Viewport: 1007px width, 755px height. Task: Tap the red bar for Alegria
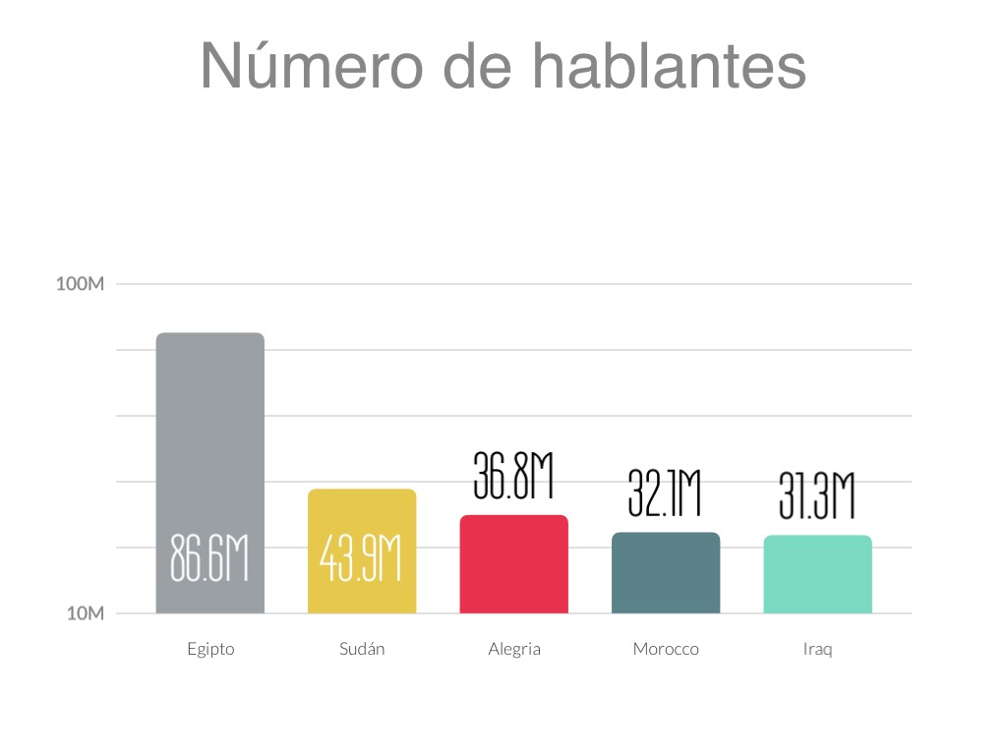click(x=513, y=564)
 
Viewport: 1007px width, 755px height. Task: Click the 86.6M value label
click(x=209, y=558)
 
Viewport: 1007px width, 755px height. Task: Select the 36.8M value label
click(x=513, y=476)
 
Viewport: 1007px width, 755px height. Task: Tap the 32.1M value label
click(x=665, y=494)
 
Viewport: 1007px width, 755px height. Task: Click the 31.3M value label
click(x=816, y=497)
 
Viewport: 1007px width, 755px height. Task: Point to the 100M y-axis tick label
click(x=81, y=285)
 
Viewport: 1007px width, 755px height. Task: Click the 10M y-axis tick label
click(x=86, y=614)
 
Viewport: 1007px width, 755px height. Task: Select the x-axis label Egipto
click(x=210, y=650)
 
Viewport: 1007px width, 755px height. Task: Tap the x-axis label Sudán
click(x=362, y=650)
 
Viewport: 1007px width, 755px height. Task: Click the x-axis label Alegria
click(x=514, y=650)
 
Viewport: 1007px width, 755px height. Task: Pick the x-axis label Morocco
click(x=666, y=650)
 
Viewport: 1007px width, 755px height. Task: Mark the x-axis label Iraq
click(x=817, y=650)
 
